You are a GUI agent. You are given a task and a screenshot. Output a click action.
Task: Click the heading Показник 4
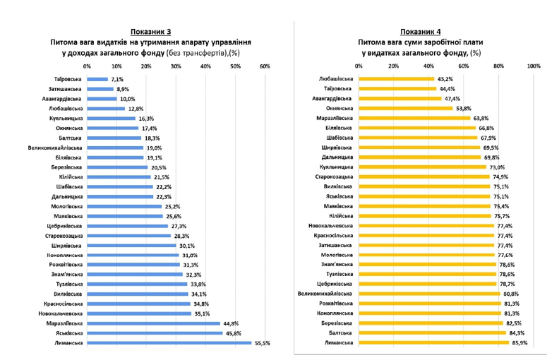421,32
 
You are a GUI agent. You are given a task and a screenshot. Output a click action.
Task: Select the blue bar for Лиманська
169,343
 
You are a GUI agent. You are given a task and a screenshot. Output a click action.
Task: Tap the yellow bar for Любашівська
397,79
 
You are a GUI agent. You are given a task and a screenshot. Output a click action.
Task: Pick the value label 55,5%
262,343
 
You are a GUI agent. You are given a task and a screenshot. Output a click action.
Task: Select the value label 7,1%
117,79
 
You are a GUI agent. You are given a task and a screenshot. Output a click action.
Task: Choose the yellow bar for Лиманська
434,343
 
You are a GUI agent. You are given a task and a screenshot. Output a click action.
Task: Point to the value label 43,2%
445,79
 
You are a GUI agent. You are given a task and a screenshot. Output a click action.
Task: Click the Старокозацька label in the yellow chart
334,176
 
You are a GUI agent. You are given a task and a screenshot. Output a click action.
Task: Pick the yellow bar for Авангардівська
400,99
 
